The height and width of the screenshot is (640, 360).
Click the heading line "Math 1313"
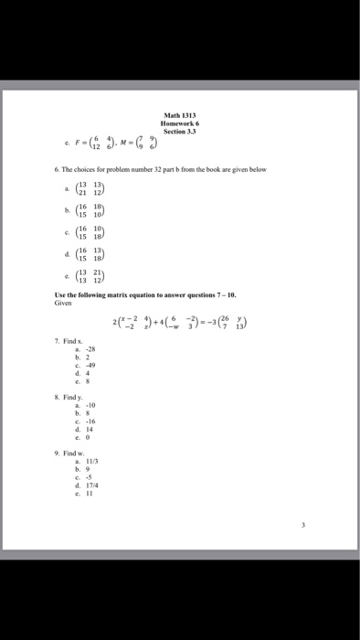pos(179,113)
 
